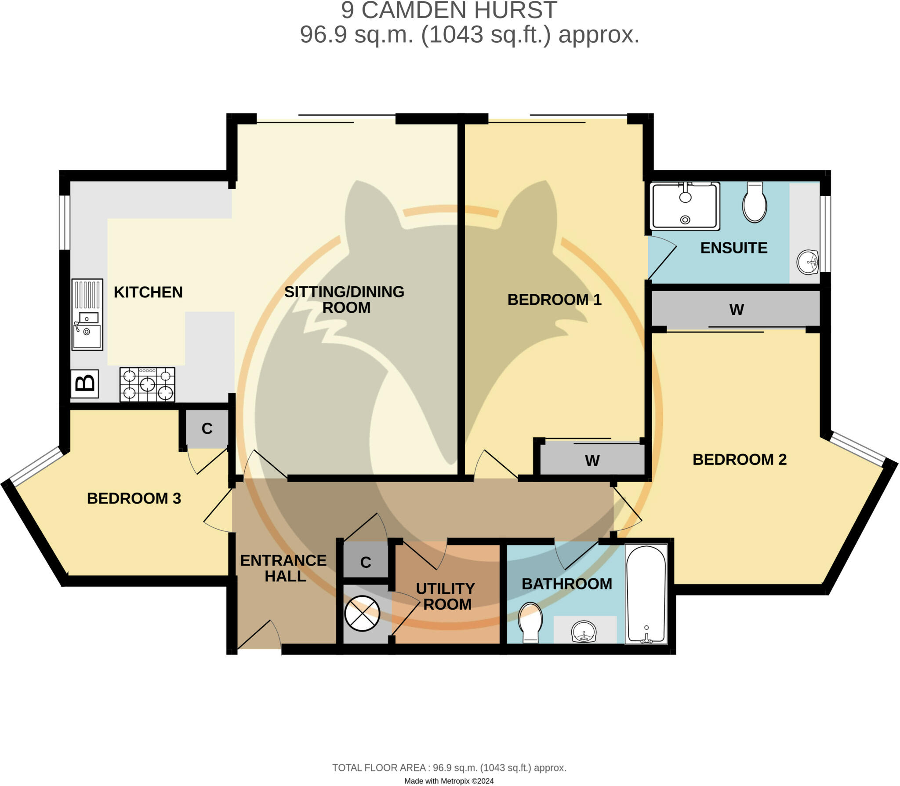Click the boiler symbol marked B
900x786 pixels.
84,384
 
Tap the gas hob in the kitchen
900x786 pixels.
147,385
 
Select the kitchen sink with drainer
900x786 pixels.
87,314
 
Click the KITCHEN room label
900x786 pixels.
148,292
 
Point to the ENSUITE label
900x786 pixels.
733,248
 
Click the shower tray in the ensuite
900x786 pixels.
685,206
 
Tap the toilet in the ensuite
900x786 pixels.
755,202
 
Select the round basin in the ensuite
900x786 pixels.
807,262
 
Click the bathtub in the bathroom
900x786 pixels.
646,594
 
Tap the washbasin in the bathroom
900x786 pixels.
584,632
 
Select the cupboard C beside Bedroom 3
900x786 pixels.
207,428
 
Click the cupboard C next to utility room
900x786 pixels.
366,562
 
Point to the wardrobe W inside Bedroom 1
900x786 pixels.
592,461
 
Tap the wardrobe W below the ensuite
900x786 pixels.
736,309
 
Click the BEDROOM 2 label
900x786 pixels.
739,460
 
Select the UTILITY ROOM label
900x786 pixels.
446,596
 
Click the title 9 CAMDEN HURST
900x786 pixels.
449,11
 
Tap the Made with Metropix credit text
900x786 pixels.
449,781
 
